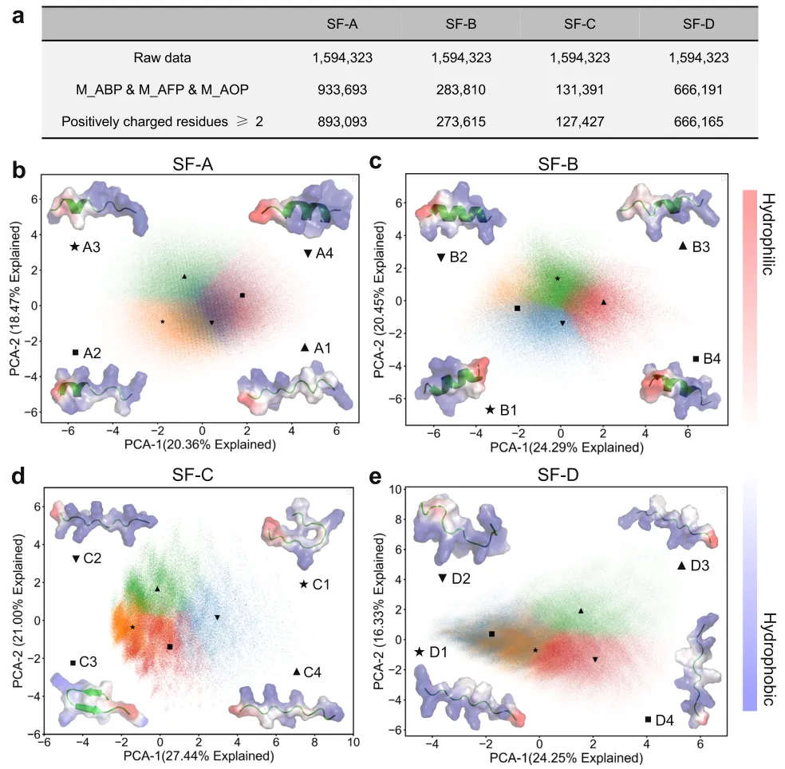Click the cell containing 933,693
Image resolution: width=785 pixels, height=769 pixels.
point(340,90)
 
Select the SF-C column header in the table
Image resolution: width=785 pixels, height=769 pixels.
point(580,23)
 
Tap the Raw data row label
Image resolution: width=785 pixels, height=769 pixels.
point(163,57)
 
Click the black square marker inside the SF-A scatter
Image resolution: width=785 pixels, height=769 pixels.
point(242,295)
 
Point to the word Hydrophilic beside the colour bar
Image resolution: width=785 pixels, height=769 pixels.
point(769,233)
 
